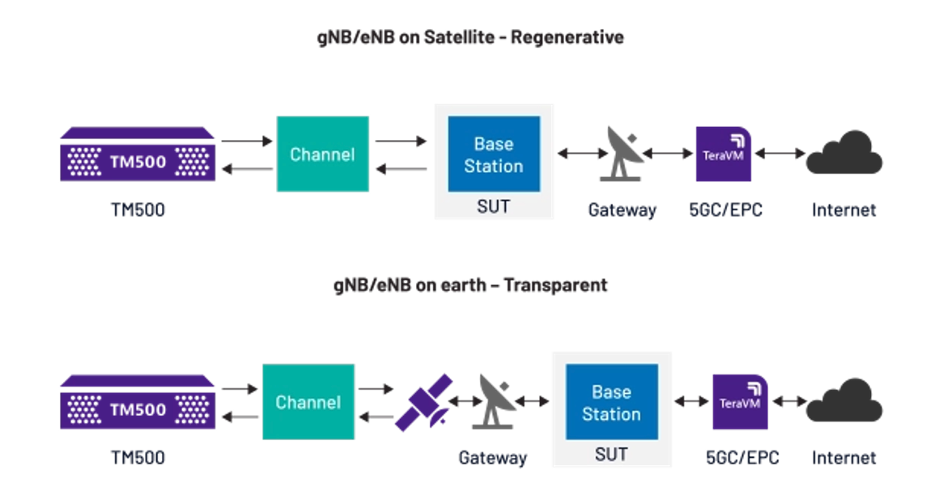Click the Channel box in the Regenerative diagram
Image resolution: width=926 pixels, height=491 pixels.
coord(322,154)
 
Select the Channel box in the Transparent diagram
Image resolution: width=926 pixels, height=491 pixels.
coord(308,402)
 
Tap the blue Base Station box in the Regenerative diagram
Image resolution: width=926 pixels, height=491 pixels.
coord(494,154)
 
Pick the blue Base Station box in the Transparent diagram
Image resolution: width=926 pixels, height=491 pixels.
coord(611,403)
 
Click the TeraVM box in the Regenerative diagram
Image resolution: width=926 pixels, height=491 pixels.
coord(723,154)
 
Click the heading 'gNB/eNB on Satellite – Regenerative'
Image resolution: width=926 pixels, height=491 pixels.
coord(470,37)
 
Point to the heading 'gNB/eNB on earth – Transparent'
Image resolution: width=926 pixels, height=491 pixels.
coord(470,286)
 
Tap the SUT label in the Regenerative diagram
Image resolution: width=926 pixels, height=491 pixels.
coord(493,206)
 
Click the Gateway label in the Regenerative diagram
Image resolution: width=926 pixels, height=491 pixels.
coord(622,210)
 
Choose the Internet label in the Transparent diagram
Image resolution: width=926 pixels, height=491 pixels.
coord(843,458)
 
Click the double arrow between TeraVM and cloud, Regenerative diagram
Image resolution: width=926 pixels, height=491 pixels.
coord(780,154)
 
